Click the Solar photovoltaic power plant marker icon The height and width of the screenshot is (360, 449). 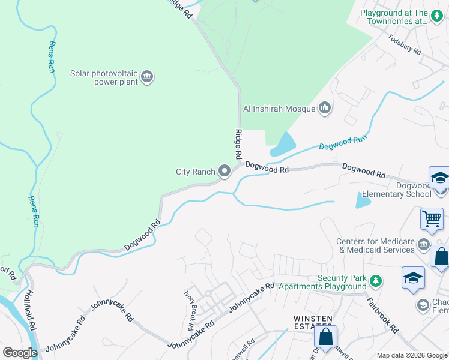(147, 77)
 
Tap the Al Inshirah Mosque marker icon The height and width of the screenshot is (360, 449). (325, 108)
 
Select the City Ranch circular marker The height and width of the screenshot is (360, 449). (225, 172)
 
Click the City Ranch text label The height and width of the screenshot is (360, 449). (195, 172)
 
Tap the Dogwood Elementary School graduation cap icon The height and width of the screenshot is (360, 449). (439, 179)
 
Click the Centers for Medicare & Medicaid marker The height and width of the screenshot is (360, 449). (423, 244)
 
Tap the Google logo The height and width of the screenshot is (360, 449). (20, 352)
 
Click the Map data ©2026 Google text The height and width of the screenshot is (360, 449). (412, 355)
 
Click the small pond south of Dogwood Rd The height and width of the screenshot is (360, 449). (362, 200)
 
